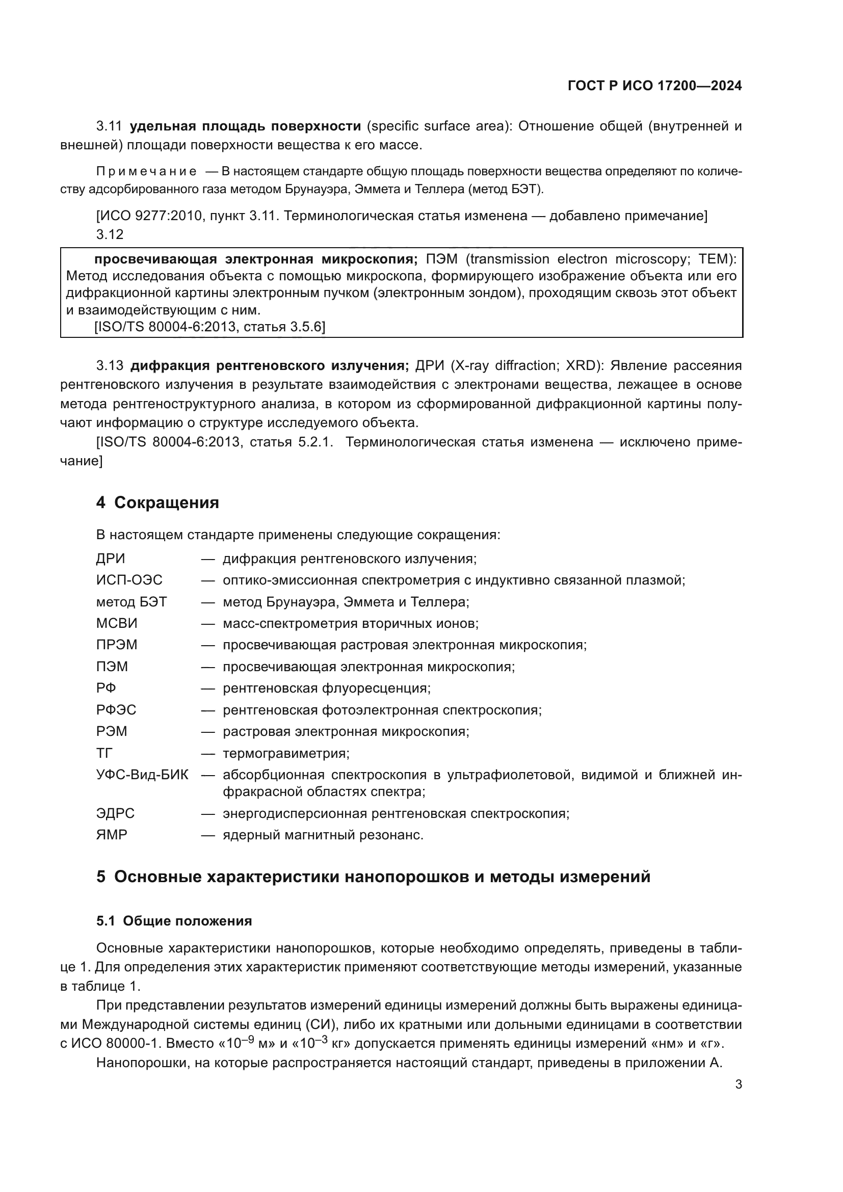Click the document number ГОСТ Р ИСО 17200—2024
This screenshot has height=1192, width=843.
click(x=654, y=86)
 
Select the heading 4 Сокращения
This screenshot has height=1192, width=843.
click(x=157, y=502)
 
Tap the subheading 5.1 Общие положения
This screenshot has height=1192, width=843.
click(x=174, y=920)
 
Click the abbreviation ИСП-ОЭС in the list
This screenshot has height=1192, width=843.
click(x=129, y=580)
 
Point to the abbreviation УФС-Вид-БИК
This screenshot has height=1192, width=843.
click(x=142, y=775)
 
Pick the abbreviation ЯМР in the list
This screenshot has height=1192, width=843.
click(x=112, y=835)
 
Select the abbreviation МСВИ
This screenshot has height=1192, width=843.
click(x=117, y=623)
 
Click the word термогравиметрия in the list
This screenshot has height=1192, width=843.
click(x=286, y=753)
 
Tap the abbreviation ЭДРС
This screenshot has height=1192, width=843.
click(x=115, y=813)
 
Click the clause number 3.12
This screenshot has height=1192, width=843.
click(x=110, y=234)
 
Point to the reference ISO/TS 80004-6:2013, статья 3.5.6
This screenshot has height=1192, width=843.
click(x=209, y=327)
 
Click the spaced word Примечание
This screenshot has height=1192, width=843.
click(x=146, y=172)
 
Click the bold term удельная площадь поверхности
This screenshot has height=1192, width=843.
click(x=245, y=126)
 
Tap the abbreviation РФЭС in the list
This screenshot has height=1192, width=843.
click(x=116, y=710)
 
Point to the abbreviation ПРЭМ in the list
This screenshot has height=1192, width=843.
click(x=117, y=645)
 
